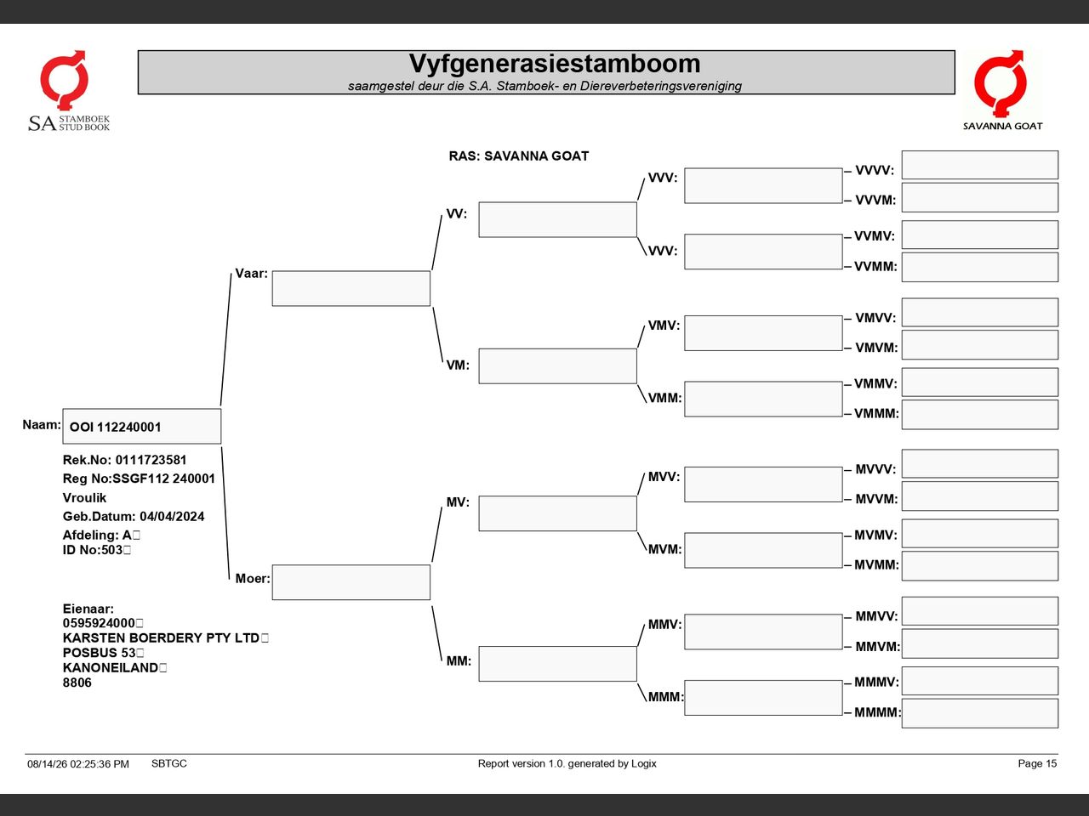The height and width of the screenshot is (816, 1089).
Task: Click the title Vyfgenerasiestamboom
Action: click(x=554, y=64)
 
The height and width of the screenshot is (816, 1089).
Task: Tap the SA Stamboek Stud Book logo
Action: click(x=68, y=91)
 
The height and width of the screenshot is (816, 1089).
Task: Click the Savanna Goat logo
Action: click(x=1002, y=90)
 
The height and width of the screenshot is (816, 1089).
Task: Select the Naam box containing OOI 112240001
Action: click(x=142, y=426)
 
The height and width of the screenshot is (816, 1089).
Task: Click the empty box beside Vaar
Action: click(x=351, y=288)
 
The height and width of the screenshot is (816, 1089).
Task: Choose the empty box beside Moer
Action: click(x=351, y=582)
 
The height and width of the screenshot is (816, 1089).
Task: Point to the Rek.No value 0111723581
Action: click(x=151, y=460)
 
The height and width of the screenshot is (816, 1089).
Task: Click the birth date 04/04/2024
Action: click(x=172, y=516)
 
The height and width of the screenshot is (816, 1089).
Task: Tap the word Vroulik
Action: click(x=84, y=497)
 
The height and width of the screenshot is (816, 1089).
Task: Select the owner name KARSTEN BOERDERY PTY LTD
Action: click(x=161, y=637)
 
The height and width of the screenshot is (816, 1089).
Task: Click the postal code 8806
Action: click(x=77, y=683)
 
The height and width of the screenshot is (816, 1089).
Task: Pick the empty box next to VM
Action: click(x=557, y=366)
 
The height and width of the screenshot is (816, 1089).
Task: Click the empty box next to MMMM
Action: click(x=980, y=713)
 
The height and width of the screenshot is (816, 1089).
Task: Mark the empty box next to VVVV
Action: click(x=980, y=165)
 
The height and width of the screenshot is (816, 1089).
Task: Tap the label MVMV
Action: click(x=875, y=535)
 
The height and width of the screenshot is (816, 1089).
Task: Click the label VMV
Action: click(x=664, y=326)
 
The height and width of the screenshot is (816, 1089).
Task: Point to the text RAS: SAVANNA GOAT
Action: click(x=518, y=156)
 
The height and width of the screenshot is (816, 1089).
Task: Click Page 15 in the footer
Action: click(x=1037, y=763)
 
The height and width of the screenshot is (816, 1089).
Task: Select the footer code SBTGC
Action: click(x=169, y=763)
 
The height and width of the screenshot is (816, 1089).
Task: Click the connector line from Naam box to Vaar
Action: click(x=225, y=339)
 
